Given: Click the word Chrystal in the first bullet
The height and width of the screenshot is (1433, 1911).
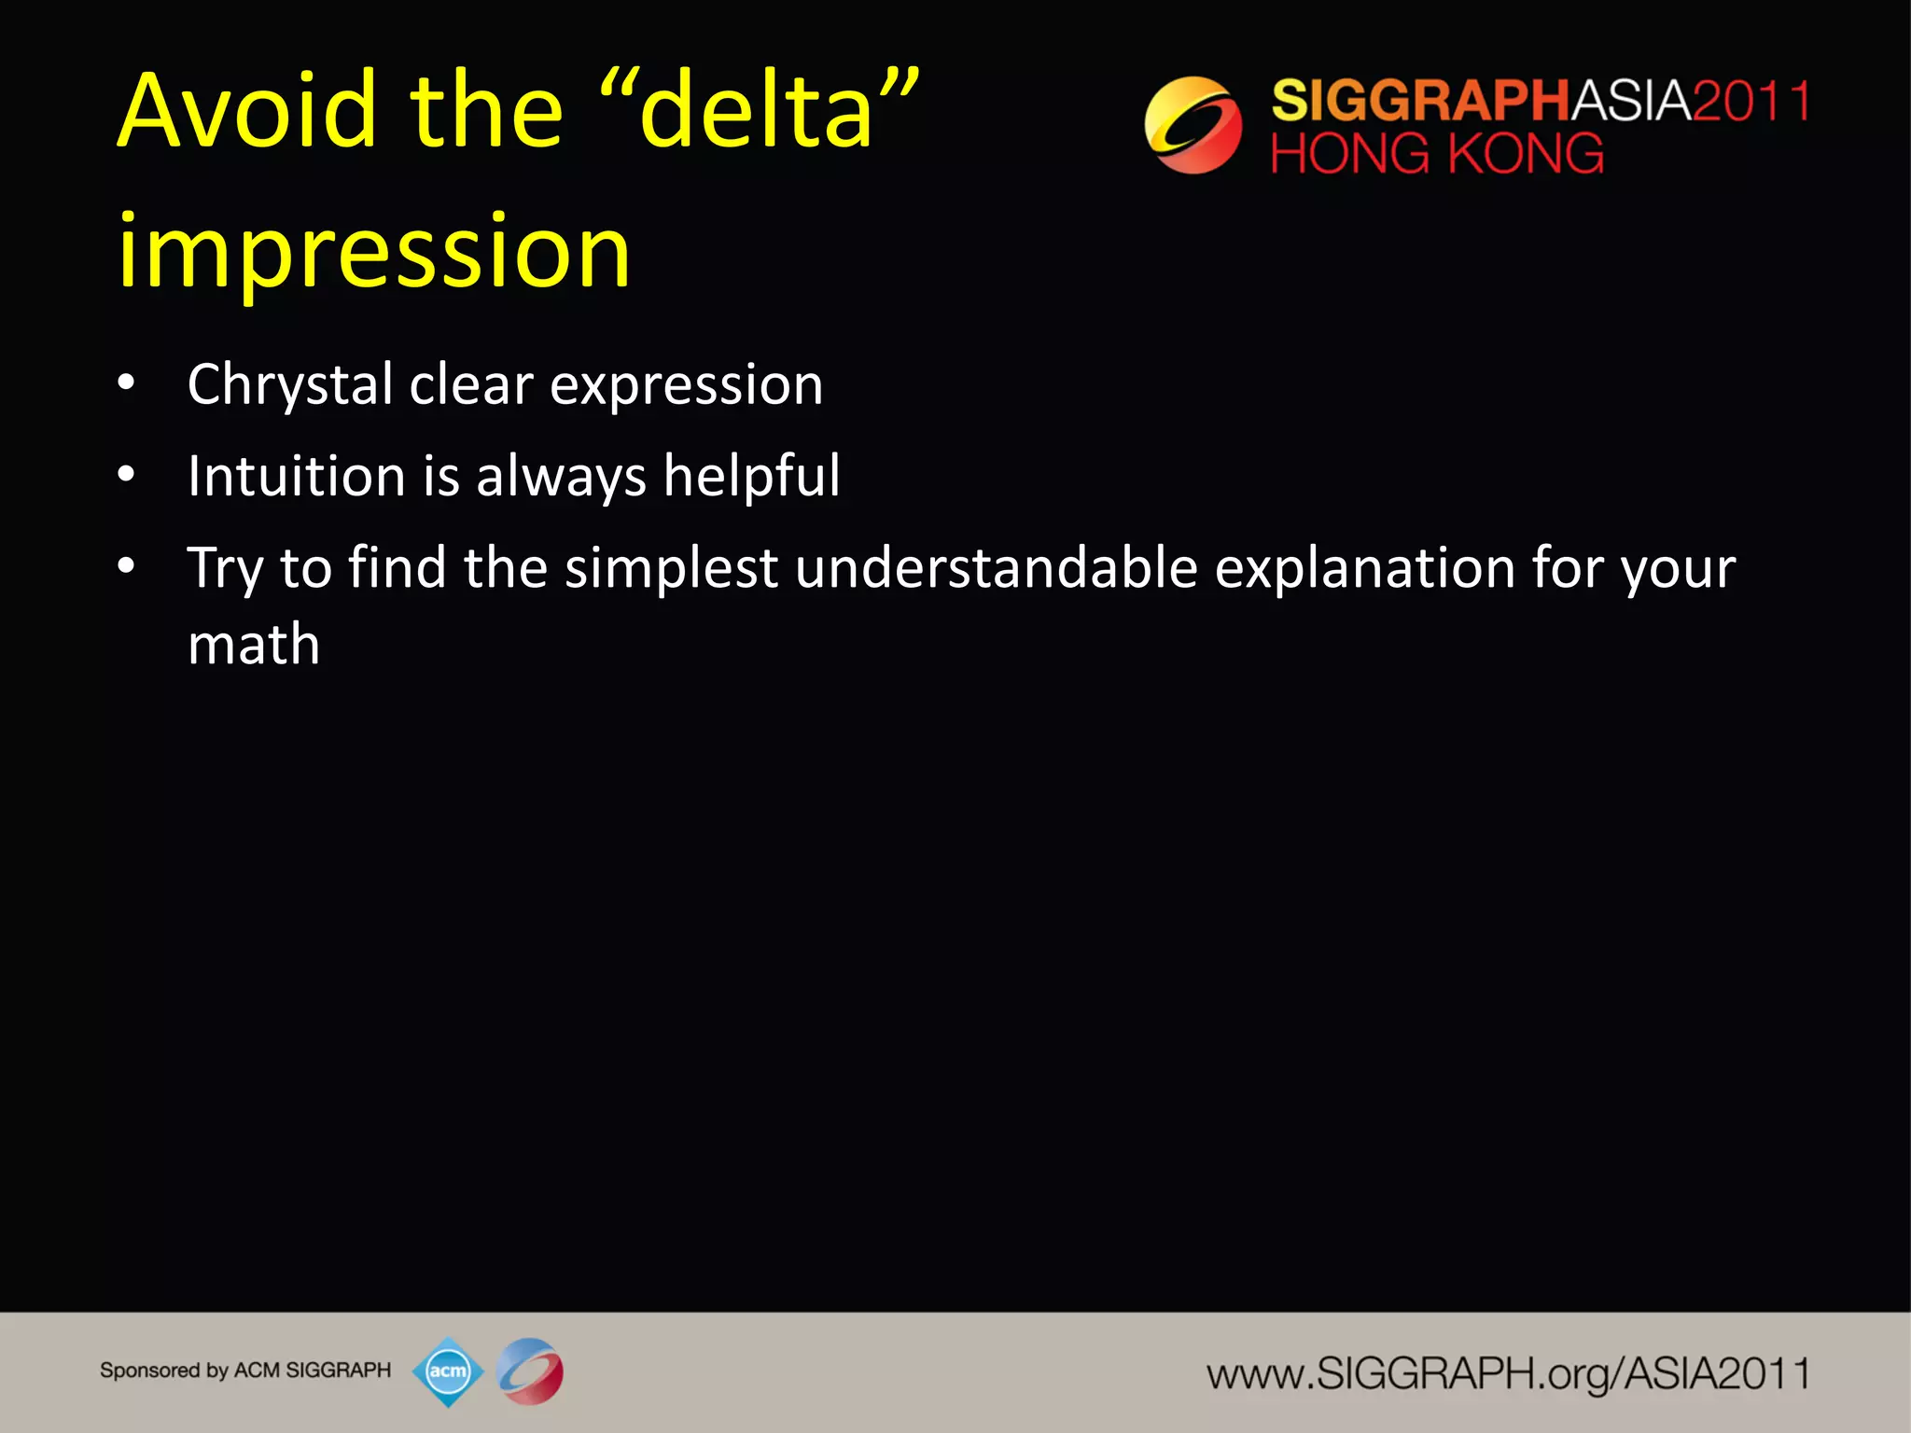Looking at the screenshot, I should (x=290, y=384).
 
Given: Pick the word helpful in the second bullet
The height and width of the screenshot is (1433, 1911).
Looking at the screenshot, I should (x=751, y=476).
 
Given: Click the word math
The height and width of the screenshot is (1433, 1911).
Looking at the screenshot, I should (x=254, y=644).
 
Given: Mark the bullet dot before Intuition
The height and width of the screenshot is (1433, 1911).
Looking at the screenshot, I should (x=126, y=476).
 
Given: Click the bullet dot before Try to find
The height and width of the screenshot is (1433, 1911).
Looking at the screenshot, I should (x=126, y=566).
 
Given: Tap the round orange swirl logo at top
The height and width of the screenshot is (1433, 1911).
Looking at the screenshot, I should (x=1193, y=125).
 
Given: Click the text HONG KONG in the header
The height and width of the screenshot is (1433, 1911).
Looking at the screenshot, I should (x=1437, y=154).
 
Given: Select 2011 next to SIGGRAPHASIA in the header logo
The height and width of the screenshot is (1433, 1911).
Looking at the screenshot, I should (x=1751, y=101).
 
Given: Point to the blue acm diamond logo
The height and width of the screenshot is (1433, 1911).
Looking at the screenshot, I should (x=448, y=1371).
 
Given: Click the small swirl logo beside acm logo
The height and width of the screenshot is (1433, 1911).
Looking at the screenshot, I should (x=530, y=1371).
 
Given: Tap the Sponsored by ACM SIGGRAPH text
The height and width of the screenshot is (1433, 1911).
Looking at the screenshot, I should (x=245, y=1370).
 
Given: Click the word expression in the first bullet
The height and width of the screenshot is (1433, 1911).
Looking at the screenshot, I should (x=686, y=384).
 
